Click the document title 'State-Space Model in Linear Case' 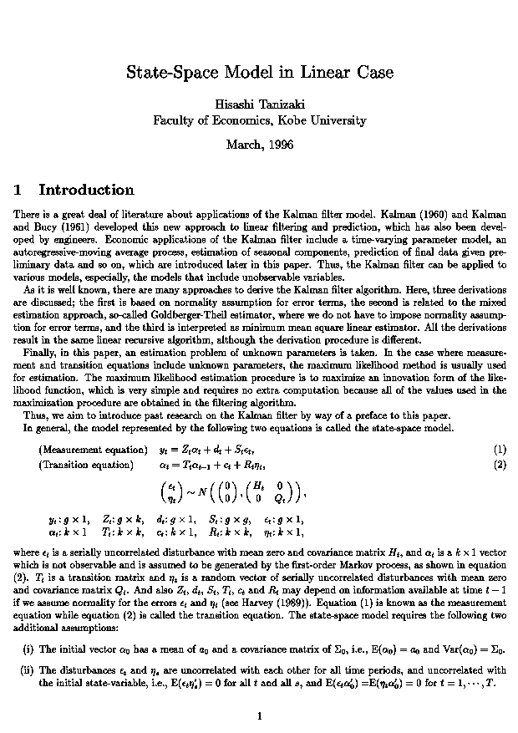pyautogui.click(x=259, y=73)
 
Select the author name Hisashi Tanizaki pyautogui.click(x=259, y=104)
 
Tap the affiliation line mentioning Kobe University pyautogui.click(x=259, y=120)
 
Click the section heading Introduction pyautogui.click(x=86, y=190)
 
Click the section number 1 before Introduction pyautogui.click(x=18, y=190)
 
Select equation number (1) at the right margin pyautogui.click(x=500, y=449)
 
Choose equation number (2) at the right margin pyautogui.click(x=500, y=464)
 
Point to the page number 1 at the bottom pyautogui.click(x=260, y=715)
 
